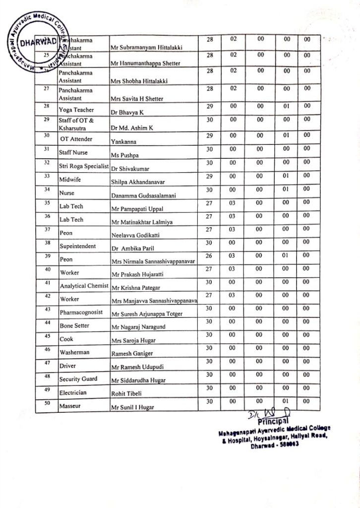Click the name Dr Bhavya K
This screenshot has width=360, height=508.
127,113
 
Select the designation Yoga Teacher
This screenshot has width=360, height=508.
76,110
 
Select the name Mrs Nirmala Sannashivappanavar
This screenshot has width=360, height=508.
154,261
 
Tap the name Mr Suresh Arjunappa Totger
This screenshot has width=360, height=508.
147,314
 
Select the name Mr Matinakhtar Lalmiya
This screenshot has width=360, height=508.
143,223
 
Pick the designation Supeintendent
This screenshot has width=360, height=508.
78,247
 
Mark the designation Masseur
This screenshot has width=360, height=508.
71,406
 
